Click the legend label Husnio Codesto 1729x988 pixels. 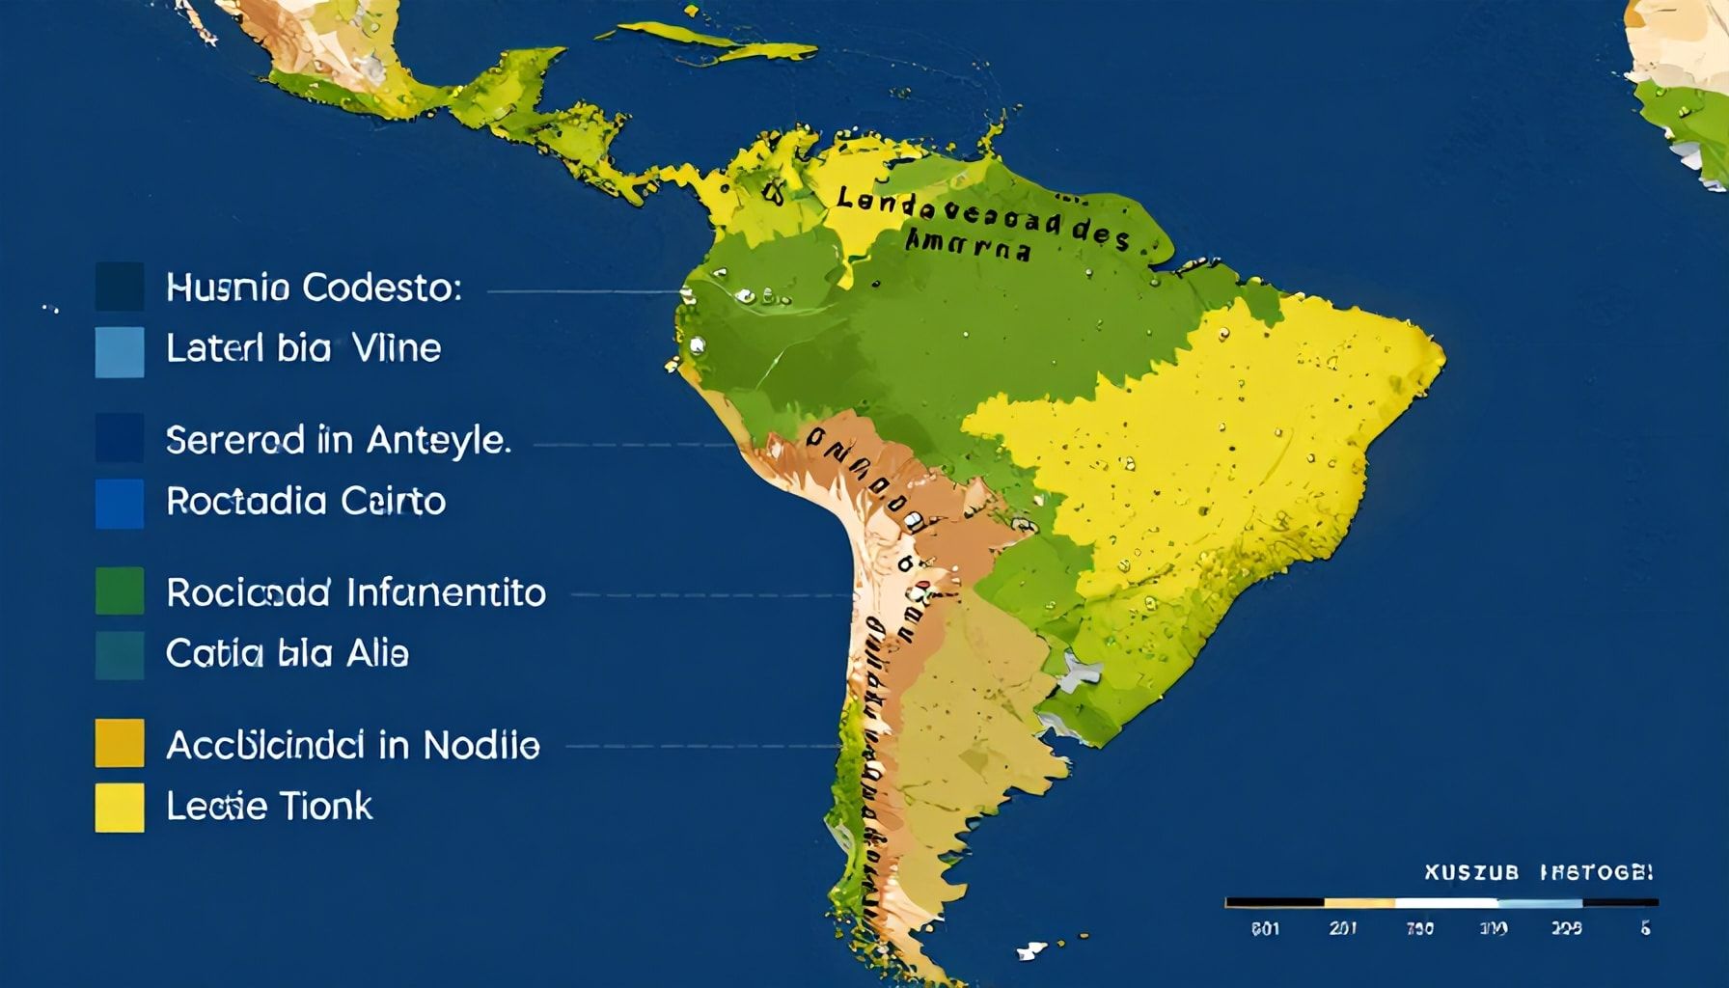[x=314, y=288]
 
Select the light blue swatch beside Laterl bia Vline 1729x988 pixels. [x=120, y=351]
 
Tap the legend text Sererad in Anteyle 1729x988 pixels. [x=338, y=441]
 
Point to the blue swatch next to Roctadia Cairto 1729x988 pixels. [x=120, y=504]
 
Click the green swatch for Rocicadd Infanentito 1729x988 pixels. [x=120, y=590]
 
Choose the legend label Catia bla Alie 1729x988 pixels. [x=288, y=654]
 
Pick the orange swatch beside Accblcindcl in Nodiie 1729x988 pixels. [x=120, y=743]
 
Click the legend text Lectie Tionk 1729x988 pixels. [x=269, y=807]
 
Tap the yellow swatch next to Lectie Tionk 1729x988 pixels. [x=120, y=808]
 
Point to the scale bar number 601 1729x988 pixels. [x=1265, y=928]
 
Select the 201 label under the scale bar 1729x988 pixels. [x=1342, y=928]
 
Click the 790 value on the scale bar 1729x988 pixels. [x=1418, y=928]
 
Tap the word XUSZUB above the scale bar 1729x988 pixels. [x=1471, y=873]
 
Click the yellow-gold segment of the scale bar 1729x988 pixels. [x=1359, y=903]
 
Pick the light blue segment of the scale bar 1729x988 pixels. [x=1540, y=903]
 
